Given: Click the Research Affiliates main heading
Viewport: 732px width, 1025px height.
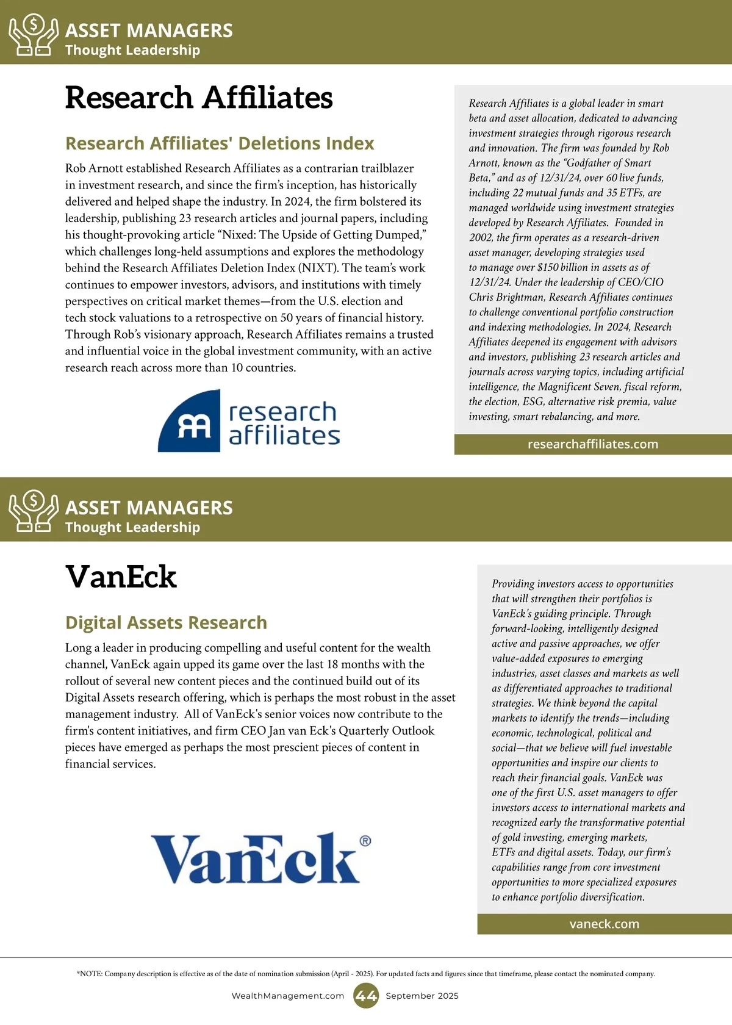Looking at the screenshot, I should coord(199,98).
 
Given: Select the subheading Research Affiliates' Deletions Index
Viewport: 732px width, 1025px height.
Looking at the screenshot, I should coord(220,143).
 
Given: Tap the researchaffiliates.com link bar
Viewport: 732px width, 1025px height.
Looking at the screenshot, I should coord(593,444).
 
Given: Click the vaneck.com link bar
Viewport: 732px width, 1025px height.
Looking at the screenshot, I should coord(605,924).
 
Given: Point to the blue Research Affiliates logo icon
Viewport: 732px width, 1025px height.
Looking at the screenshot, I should coord(189,421).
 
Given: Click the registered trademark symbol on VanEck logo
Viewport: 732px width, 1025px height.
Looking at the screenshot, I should coord(365,841).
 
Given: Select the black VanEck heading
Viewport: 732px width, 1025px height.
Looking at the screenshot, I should coord(121,577).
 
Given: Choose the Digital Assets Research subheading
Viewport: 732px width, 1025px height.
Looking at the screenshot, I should coord(166,622).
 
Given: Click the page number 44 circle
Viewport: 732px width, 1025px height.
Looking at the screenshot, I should coord(365,996).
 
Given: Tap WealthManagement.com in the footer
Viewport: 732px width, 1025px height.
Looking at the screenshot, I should coord(288,996).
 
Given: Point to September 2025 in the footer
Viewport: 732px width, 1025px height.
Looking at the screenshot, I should coord(422,996).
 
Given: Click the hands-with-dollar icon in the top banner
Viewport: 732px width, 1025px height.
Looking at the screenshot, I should coord(34,35).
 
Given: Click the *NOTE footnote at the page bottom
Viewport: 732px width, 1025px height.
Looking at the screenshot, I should coord(366,974).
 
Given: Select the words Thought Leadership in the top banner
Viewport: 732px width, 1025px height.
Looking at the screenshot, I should coord(132,50).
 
